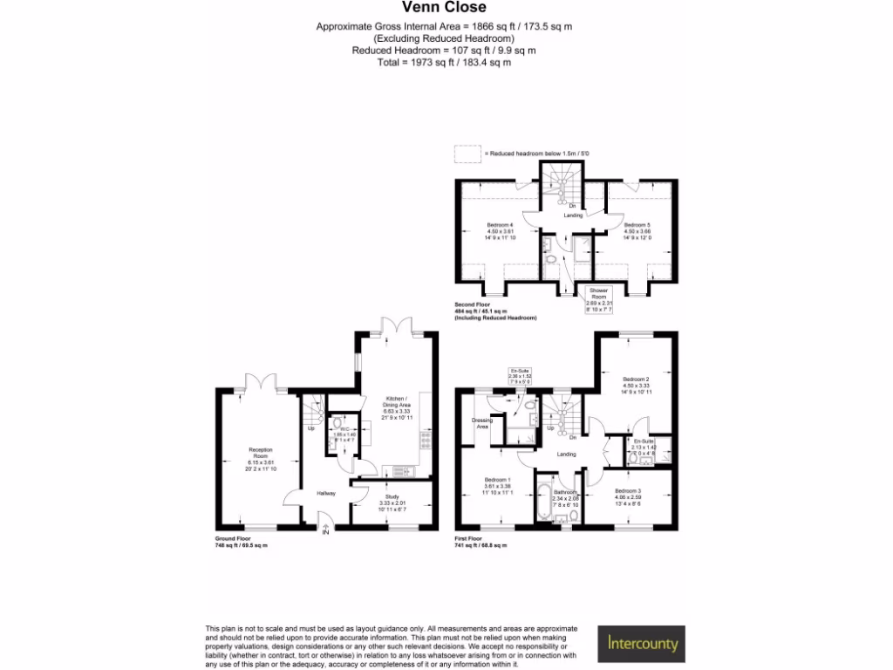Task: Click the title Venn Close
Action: tap(446, 9)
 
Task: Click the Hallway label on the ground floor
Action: tap(326, 494)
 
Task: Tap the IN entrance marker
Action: tap(326, 532)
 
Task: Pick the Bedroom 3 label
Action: tap(626, 496)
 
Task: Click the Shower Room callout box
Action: tap(598, 297)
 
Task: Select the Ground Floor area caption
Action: tap(242, 542)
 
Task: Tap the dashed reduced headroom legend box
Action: tap(467, 154)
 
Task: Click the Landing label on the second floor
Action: tap(572, 215)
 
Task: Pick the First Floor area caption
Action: tap(480, 542)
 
